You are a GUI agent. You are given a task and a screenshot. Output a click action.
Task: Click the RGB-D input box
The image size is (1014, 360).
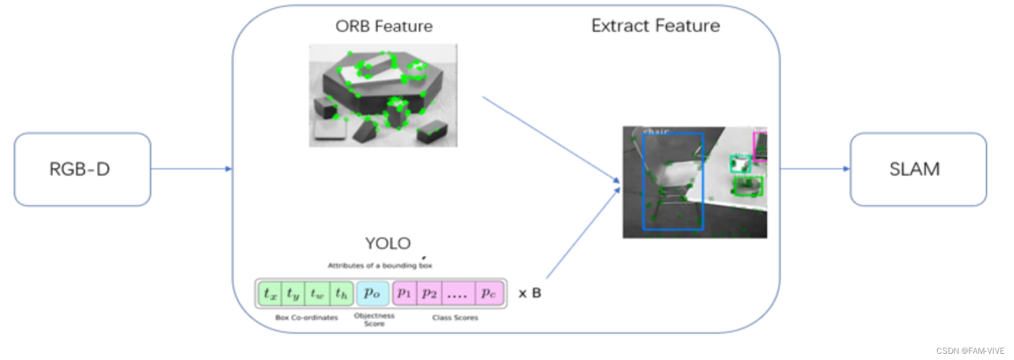[x=82, y=169]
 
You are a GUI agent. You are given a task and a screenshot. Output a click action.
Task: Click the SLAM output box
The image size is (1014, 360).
[x=918, y=169]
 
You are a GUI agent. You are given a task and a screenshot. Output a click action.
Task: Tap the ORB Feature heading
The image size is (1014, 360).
[x=384, y=26]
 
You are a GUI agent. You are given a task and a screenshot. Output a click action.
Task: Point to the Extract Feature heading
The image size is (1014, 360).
[x=655, y=26]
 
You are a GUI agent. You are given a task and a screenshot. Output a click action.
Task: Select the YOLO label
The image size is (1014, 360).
[x=388, y=243]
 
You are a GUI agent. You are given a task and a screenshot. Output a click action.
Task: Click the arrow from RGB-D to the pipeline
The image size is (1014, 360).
[x=191, y=169]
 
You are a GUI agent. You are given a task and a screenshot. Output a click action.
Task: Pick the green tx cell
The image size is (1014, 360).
[x=270, y=293]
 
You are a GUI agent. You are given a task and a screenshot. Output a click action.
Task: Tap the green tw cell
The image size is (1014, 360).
[x=317, y=293]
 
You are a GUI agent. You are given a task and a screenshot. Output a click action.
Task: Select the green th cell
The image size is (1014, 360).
[x=341, y=293]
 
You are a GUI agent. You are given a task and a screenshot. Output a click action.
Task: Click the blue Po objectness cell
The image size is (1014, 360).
[x=372, y=293]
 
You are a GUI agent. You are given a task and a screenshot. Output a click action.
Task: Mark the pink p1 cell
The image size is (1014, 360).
[x=404, y=293]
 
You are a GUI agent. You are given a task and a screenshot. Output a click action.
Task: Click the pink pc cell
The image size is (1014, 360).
[x=488, y=293]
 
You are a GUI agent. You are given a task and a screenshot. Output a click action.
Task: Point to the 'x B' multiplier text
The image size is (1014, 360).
[x=530, y=293]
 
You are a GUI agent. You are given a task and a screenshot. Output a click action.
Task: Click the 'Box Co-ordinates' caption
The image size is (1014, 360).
[x=306, y=317]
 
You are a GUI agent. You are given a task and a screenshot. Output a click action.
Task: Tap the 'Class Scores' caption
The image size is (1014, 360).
[x=455, y=317]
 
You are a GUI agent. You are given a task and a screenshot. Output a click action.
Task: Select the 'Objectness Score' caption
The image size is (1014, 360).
[x=374, y=319]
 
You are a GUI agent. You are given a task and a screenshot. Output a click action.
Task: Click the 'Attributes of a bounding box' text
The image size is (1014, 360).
[x=379, y=266]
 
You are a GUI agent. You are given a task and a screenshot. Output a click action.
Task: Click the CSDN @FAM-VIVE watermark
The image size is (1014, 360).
[x=970, y=351]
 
